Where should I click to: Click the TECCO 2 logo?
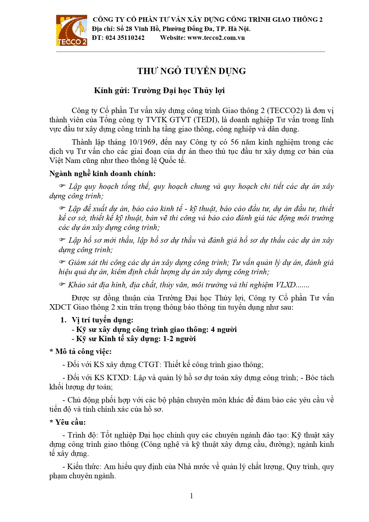point(72,30)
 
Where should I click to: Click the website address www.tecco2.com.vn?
point(216,38)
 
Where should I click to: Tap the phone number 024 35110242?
point(125,38)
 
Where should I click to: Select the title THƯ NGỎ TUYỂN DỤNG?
point(191,71)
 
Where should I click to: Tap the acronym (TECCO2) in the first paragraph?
point(285,111)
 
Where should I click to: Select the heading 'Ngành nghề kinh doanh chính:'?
point(102,174)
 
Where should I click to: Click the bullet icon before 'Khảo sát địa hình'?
point(62,284)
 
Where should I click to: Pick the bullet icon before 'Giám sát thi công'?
point(62,262)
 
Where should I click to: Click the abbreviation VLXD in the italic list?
point(285,285)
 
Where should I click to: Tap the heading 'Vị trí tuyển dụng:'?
point(102,320)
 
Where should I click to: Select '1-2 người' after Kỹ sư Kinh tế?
point(179,339)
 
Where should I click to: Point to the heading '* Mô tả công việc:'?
point(80,352)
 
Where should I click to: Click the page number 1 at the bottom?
point(191,496)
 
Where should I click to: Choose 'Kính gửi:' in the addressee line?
point(112,90)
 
